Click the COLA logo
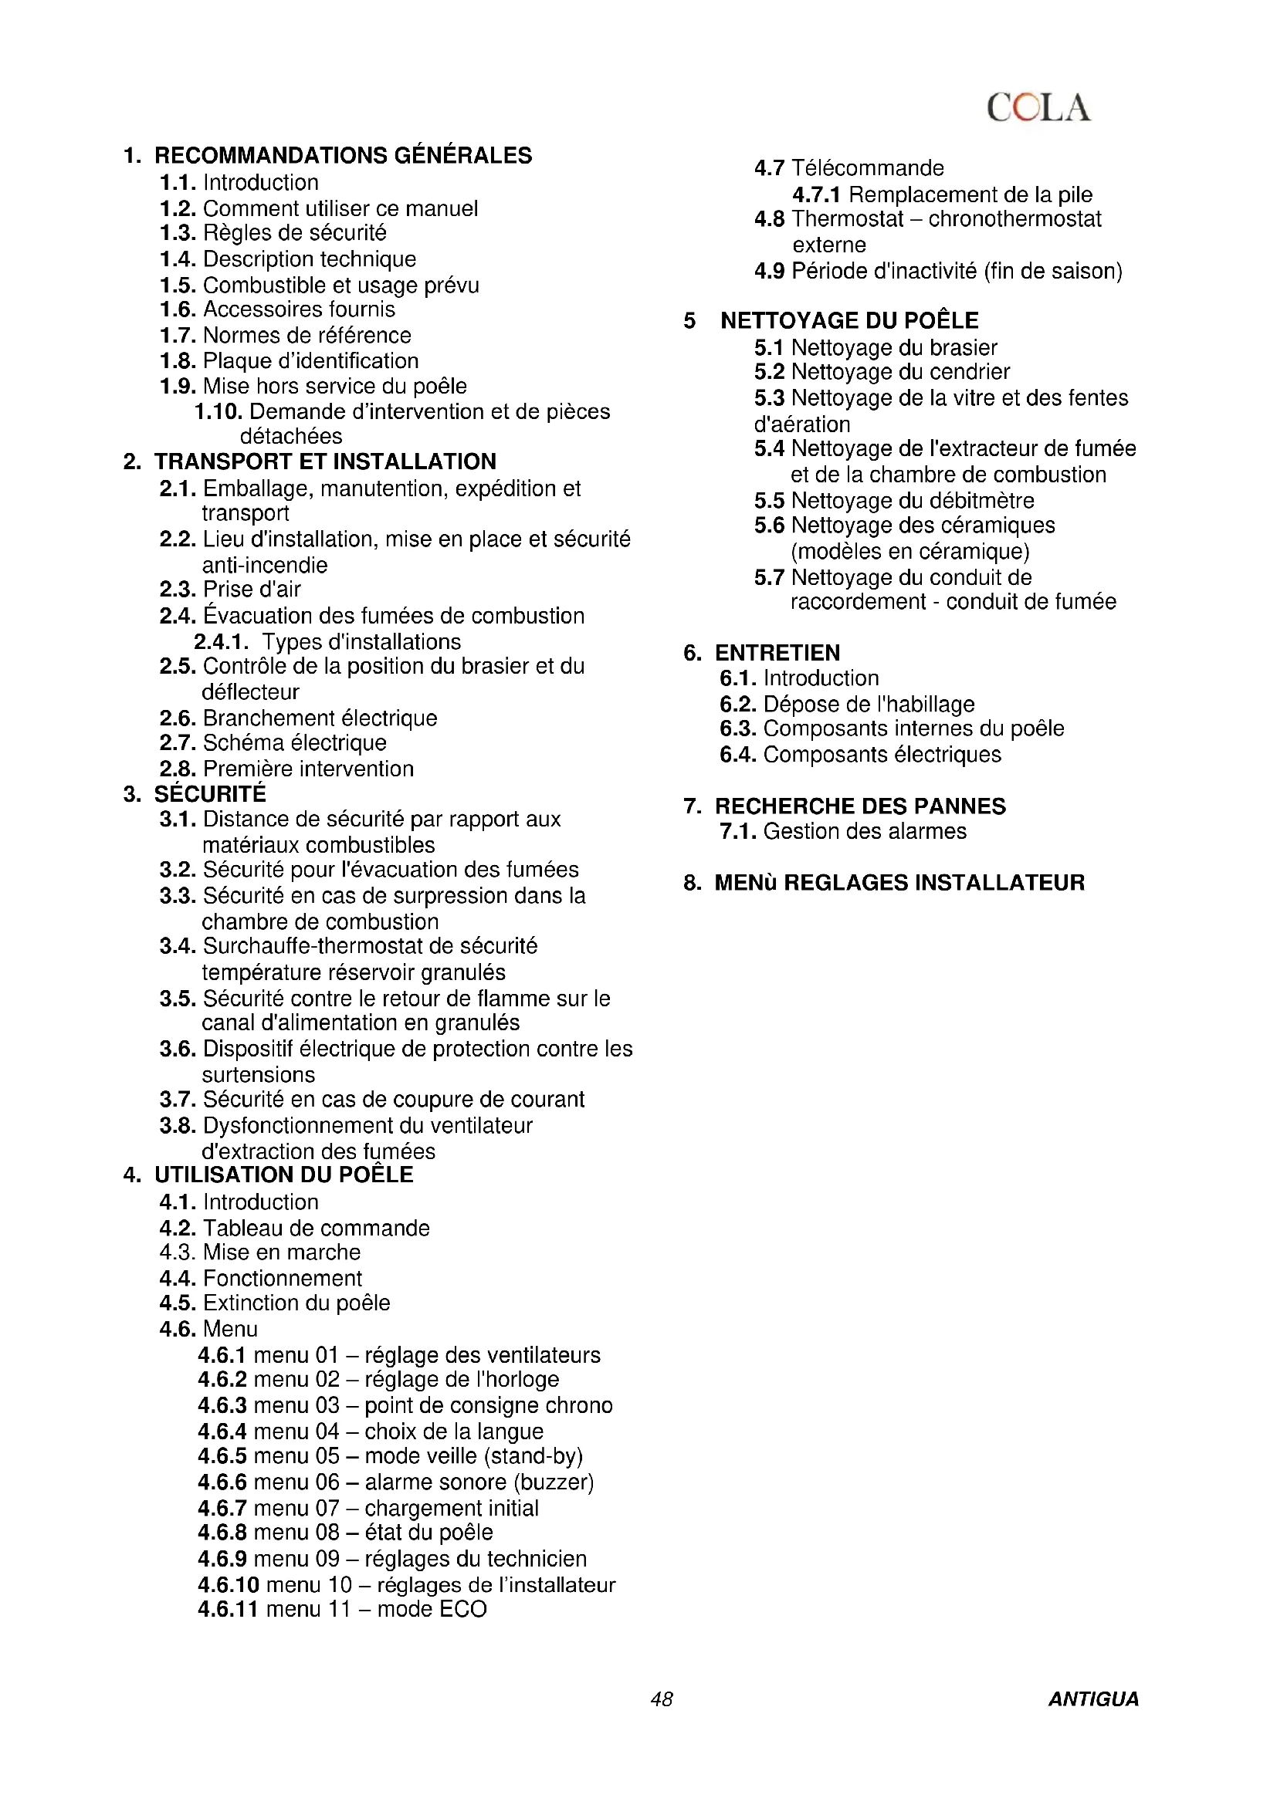click(x=1038, y=108)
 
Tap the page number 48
click(x=662, y=1699)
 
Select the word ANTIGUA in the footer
click(x=1093, y=1699)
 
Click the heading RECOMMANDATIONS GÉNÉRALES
click(x=343, y=156)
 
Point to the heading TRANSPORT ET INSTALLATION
click(x=325, y=461)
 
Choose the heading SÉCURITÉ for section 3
click(x=210, y=794)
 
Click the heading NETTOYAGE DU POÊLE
click(x=849, y=321)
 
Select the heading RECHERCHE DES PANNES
click(x=859, y=806)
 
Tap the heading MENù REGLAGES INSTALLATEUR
click(x=899, y=883)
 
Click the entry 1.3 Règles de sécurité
click(x=273, y=234)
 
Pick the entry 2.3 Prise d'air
click(x=229, y=590)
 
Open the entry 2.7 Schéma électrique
click(x=273, y=743)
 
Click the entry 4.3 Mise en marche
click(x=259, y=1252)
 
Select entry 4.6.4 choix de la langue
click(x=371, y=1431)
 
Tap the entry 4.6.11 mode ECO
click(x=342, y=1609)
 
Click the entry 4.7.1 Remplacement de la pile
click(x=942, y=194)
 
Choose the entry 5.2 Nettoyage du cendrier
click(x=882, y=372)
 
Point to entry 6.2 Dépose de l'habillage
click(x=847, y=705)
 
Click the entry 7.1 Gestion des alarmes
click(x=843, y=831)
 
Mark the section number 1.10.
click(x=218, y=412)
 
